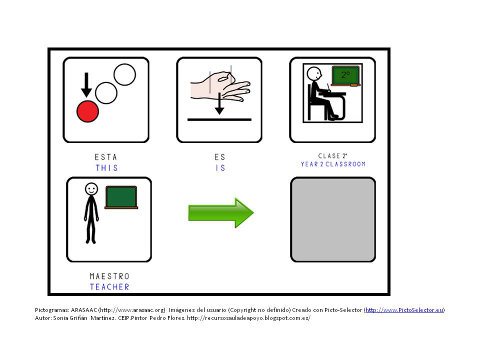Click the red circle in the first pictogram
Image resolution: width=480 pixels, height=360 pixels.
pyautogui.click(x=87, y=110)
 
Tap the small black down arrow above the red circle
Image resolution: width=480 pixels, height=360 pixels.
pyautogui.click(x=86, y=85)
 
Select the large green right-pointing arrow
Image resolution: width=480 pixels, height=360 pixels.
pyautogui.click(x=220, y=212)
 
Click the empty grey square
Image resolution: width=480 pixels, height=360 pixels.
pyautogui.click(x=332, y=219)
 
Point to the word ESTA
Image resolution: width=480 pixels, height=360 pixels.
pyautogui.click(x=106, y=157)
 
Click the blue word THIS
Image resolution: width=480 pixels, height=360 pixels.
pyautogui.click(x=106, y=168)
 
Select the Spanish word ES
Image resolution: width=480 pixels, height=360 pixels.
pyautogui.click(x=220, y=157)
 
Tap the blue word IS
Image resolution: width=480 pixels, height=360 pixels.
pyautogui.click(x=220, y=168)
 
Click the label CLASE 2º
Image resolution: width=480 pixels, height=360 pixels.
pyautogui.click(x=333, y=156)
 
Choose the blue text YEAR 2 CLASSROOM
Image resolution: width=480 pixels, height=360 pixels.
pyautogui.click(x=333, y=164)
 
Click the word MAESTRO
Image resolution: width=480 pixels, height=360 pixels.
pyautogui.click(x=109, y=276)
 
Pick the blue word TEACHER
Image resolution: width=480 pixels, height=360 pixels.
pyautogui.click(x=109, y=287)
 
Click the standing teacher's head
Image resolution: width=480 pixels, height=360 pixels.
pyautogui.click(x=90, y=189)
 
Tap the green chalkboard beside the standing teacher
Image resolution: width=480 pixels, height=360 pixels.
pyautogui.click(x=121, y=197)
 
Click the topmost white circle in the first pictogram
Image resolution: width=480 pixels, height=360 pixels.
pyautogui.click(x=124, y=74)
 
